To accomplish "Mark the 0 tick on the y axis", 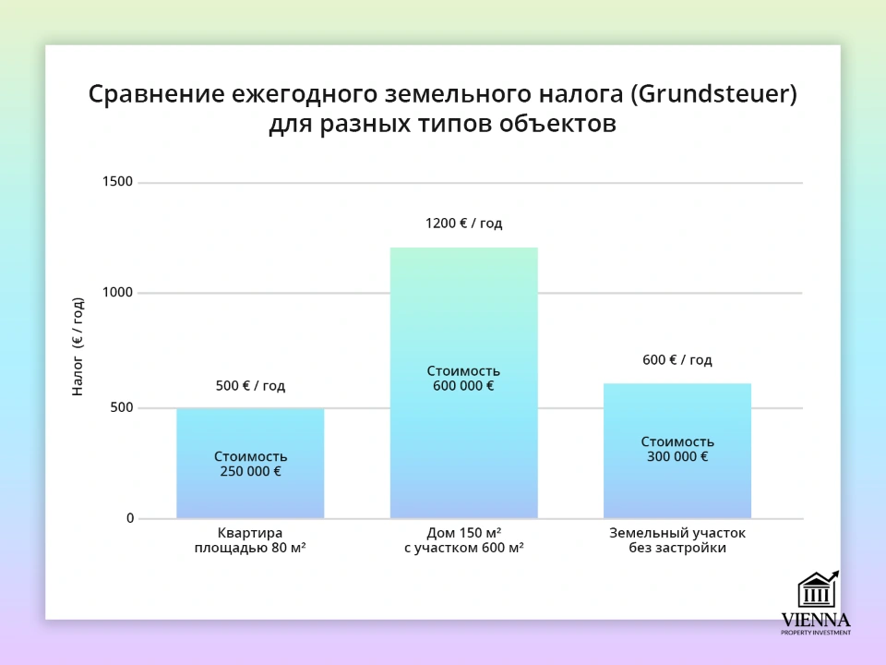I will [x=129, y=518].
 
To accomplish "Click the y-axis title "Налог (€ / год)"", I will [x=78, y=346].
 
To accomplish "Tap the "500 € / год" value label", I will [x=250, y=386].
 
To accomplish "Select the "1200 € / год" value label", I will [x=463, y=224].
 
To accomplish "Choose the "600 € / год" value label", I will [x=676, y=360].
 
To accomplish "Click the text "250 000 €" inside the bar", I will [x=250, y=471].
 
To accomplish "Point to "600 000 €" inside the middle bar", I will [x=463, y=386].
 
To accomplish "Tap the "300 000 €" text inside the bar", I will [x=676, y=456].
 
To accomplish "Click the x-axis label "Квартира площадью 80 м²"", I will [x=250, y=540].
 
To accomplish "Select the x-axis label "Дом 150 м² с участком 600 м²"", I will [x=463, y=540].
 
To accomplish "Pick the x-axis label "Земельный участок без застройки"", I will [x=676, y=540].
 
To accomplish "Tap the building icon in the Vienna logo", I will [x=817, y=590].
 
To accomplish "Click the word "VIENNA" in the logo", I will [x=816, y=620].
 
